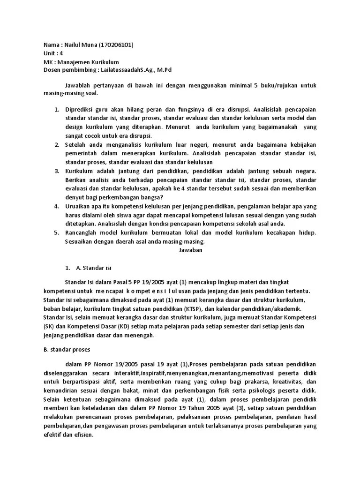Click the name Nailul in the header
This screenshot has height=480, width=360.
[x=72, y=45]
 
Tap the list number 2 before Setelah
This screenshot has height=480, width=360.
[x=56, y=145]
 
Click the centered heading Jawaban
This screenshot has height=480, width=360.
[x=190, y=250]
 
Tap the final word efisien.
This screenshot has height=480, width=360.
[x=85, y=435]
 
